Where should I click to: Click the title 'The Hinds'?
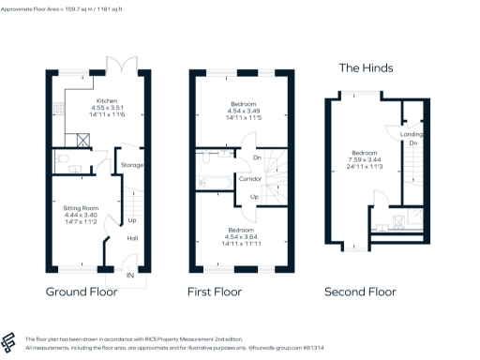[365, 67]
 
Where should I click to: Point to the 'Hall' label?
[132, 237]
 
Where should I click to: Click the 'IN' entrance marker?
[130, 276]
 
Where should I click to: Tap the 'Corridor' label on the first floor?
[248, 177]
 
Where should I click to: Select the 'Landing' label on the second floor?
[412, 134]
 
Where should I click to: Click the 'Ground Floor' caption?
[82, 292]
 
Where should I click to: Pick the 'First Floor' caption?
[220, 292]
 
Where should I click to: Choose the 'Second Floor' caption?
[360, 292]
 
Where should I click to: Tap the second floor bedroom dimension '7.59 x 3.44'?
[364, 160]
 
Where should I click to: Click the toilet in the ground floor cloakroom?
[59, 160]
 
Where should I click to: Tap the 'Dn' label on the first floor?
[243, 157]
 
